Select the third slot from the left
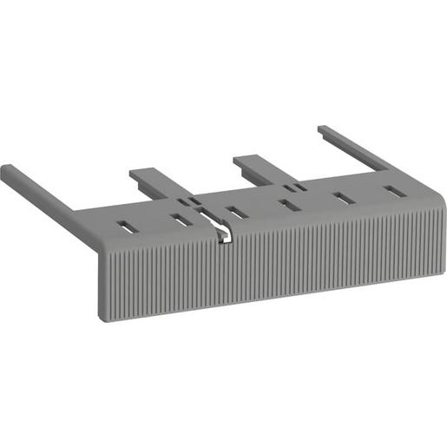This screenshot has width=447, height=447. [235, 212]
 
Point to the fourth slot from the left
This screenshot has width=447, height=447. [287, 205]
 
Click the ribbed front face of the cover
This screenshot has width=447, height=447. [260, 269]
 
